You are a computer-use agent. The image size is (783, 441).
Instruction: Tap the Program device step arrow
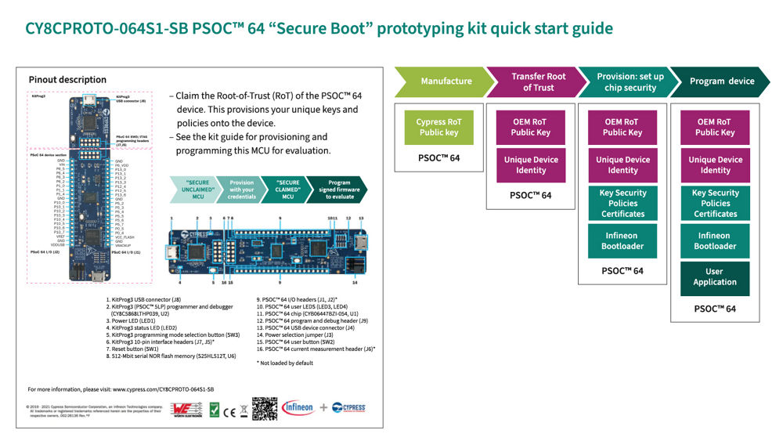[720, 81]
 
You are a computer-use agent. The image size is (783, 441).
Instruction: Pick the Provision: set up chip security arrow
[627, 81]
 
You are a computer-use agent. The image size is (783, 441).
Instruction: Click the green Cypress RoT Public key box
[438, 127]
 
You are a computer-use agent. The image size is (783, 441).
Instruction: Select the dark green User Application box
[715, 277]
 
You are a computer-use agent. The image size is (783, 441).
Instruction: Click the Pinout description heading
[67, 79]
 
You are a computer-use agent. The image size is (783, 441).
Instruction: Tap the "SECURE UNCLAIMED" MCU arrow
[196, 190]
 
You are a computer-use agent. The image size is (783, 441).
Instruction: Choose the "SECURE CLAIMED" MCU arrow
[287, 190]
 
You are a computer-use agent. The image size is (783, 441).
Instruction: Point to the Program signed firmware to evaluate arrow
[335, 190]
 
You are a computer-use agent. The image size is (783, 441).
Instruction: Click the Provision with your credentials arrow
[242, 190]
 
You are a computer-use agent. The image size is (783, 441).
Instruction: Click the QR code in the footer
[265, 408]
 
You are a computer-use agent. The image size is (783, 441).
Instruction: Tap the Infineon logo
[298, 407]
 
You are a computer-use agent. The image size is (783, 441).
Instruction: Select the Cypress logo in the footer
[348, 407]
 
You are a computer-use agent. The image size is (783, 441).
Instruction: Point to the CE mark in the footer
[229, 409]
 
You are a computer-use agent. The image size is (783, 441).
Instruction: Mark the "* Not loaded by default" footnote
[285, 363]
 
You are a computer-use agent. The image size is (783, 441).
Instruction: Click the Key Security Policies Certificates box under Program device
[715, 203]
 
